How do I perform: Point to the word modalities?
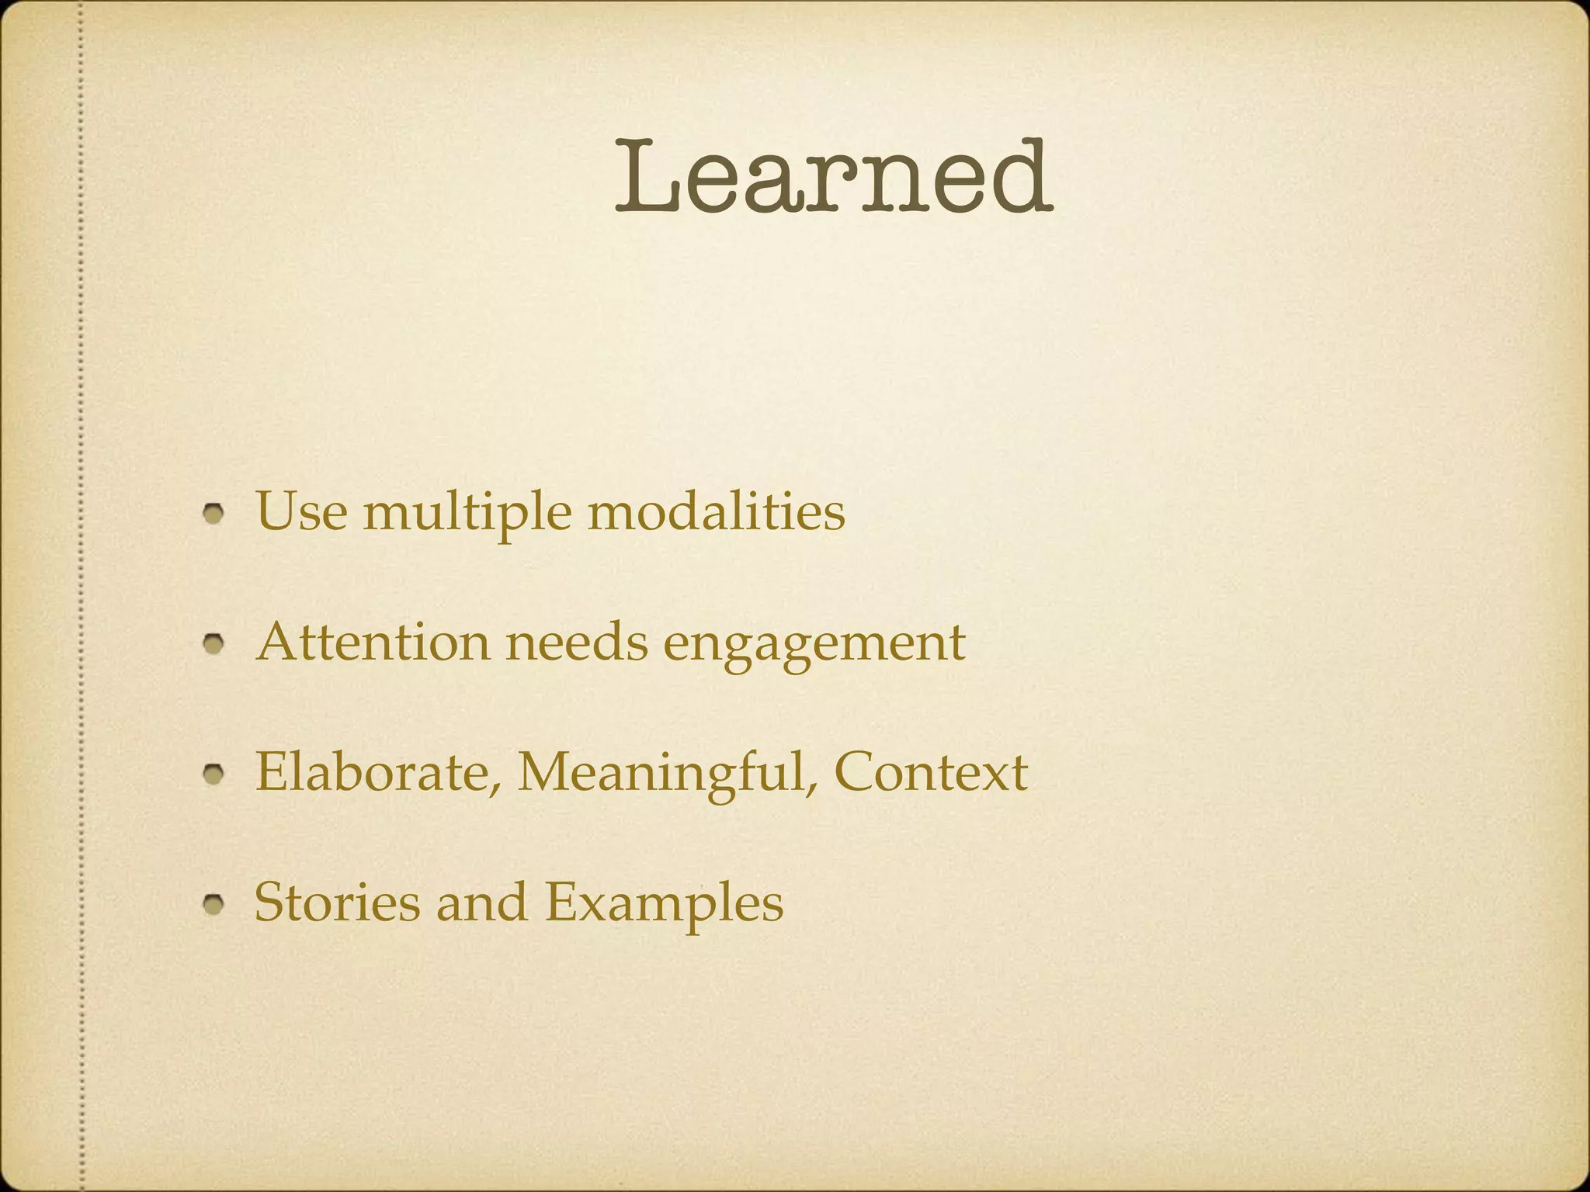pyautogui.click(x=716, y=512)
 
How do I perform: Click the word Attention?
pyautogui.click(x=373, y=643)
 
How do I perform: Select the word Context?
pyautogui.click(x=931, y=772)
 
